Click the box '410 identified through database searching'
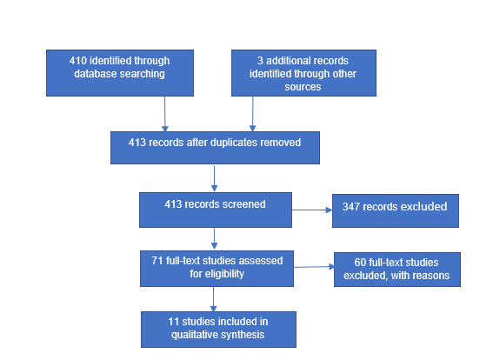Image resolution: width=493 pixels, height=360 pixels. tap(120, 72)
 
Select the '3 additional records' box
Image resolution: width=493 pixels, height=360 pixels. tap(303, 72)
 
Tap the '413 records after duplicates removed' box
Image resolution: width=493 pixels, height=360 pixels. tap(215, 147)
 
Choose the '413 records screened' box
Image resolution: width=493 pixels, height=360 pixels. tap(215, 210)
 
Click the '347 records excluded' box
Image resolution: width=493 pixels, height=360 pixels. tap(395, 210)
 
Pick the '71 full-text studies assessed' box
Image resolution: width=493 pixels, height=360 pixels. tap(217, 268)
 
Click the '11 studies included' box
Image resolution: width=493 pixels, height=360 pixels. tap(218, 329)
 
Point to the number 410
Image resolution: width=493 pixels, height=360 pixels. tap(79, 61)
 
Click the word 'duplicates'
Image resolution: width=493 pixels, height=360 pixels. tap(243, 142)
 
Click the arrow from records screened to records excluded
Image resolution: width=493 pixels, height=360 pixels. tap(311, 210)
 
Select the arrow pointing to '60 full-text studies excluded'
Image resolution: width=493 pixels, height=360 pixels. tap(314, 268)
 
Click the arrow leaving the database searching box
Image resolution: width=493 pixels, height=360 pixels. tap(164, 113)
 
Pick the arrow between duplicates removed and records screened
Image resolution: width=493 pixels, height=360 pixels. tap(214, 177)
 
